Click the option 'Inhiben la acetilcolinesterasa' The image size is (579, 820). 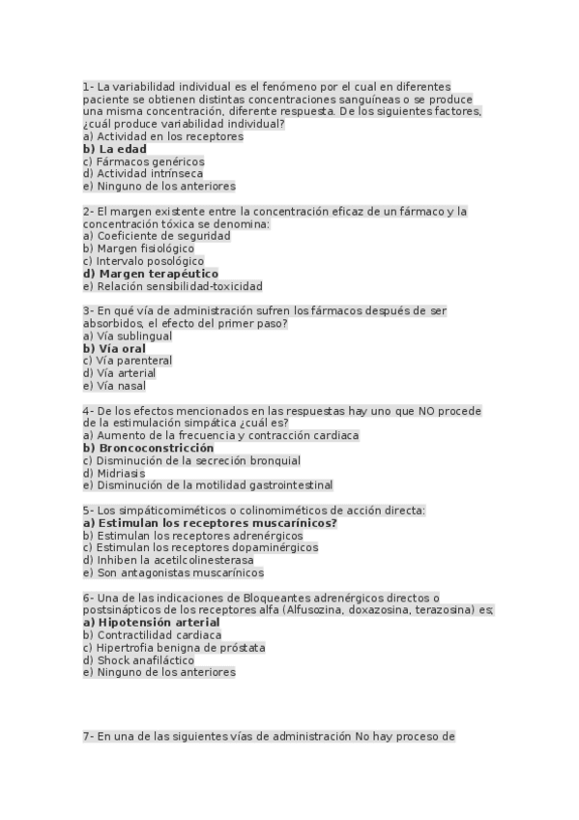168,560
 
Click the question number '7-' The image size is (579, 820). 88,736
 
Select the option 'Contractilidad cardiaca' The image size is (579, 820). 152,635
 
